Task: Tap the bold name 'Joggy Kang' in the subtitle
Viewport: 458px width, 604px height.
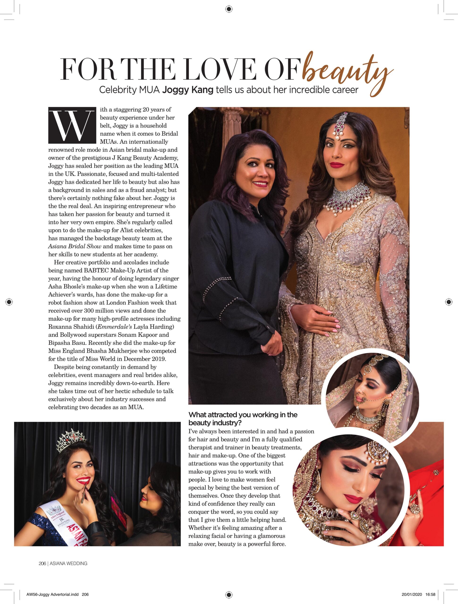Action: [x=188, y=90]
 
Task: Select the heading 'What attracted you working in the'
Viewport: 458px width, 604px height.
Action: [x=243, y=415]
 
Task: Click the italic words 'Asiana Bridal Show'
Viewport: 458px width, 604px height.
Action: [x=75, y=246]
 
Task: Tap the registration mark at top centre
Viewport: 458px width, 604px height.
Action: [x=229, y=9]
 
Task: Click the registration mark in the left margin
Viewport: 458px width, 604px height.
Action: [x=9, y=302]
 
